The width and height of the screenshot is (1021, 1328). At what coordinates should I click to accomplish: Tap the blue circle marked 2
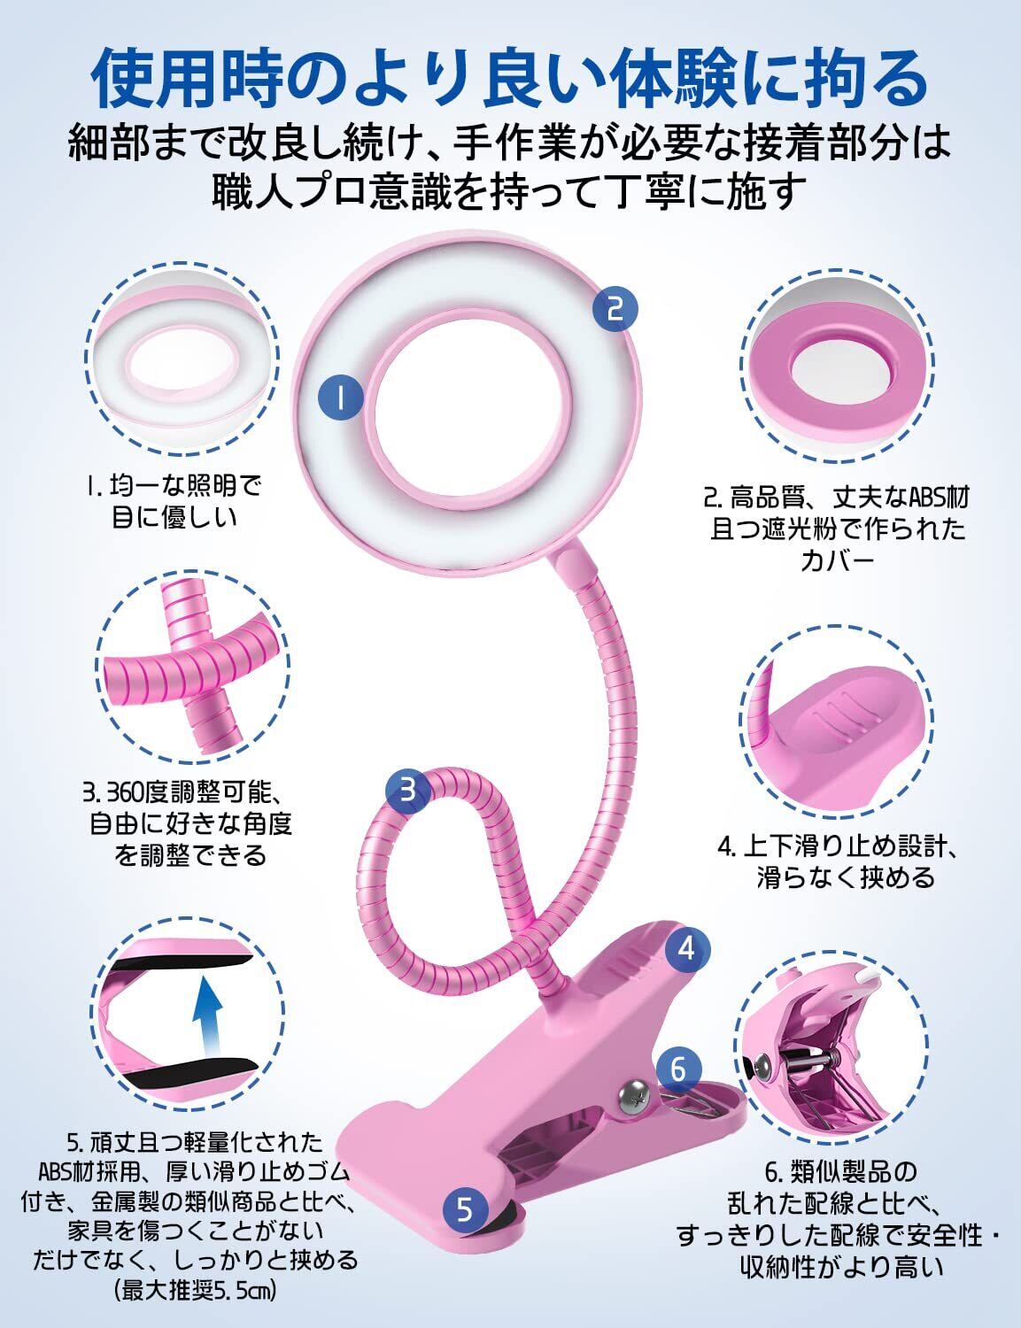tap(615, 308)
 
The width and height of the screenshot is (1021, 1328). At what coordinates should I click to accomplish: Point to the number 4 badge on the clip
tap(687, 949)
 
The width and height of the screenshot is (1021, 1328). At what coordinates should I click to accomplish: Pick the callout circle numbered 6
tap(678, 1069)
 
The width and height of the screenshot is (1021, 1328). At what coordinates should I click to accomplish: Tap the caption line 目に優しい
tap(174, 516)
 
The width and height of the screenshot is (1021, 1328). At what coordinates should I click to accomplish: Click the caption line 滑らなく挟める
tap(834, 877)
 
